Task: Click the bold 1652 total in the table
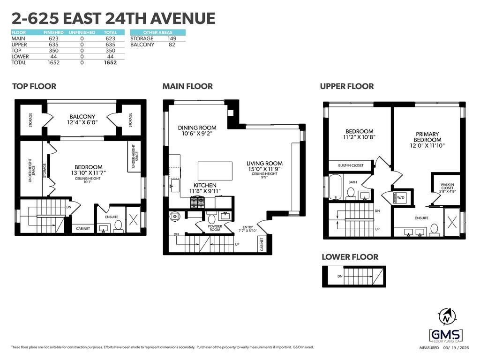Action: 110,62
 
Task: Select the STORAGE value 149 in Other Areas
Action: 172,38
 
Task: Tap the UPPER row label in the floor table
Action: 19,45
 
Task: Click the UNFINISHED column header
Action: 82,32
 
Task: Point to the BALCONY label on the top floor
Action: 82,117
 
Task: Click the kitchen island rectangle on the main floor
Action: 215,171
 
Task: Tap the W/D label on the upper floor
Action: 401,197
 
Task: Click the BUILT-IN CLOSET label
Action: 351,165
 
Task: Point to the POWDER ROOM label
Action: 215,228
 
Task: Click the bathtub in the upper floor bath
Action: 335,187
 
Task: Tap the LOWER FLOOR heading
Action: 350,257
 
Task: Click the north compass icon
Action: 447,316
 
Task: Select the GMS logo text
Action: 446,335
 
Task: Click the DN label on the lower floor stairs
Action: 340,276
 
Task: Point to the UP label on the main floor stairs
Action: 237,244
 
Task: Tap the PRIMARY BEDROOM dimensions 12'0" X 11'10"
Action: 427,146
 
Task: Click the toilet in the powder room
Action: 211,218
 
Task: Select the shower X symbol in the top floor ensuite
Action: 133,219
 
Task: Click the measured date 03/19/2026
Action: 456,348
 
